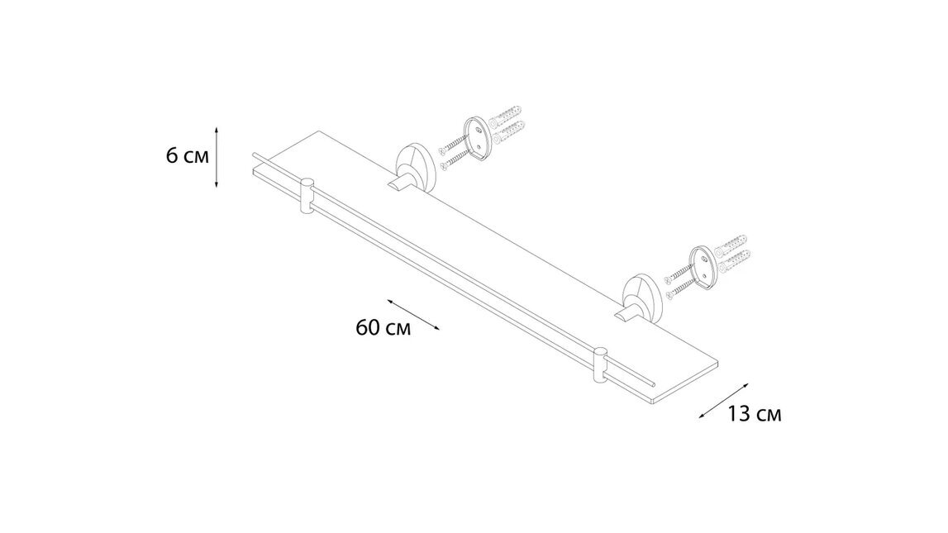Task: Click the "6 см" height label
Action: [187, 155]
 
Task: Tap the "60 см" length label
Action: [383, 327]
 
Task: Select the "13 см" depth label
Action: [755, 414]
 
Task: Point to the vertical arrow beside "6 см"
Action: [217, 157]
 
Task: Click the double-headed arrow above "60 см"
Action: [412, 314]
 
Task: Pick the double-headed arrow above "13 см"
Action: [723, 401]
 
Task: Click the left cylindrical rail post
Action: [307, 196]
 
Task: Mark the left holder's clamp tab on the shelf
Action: [401, 183]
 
